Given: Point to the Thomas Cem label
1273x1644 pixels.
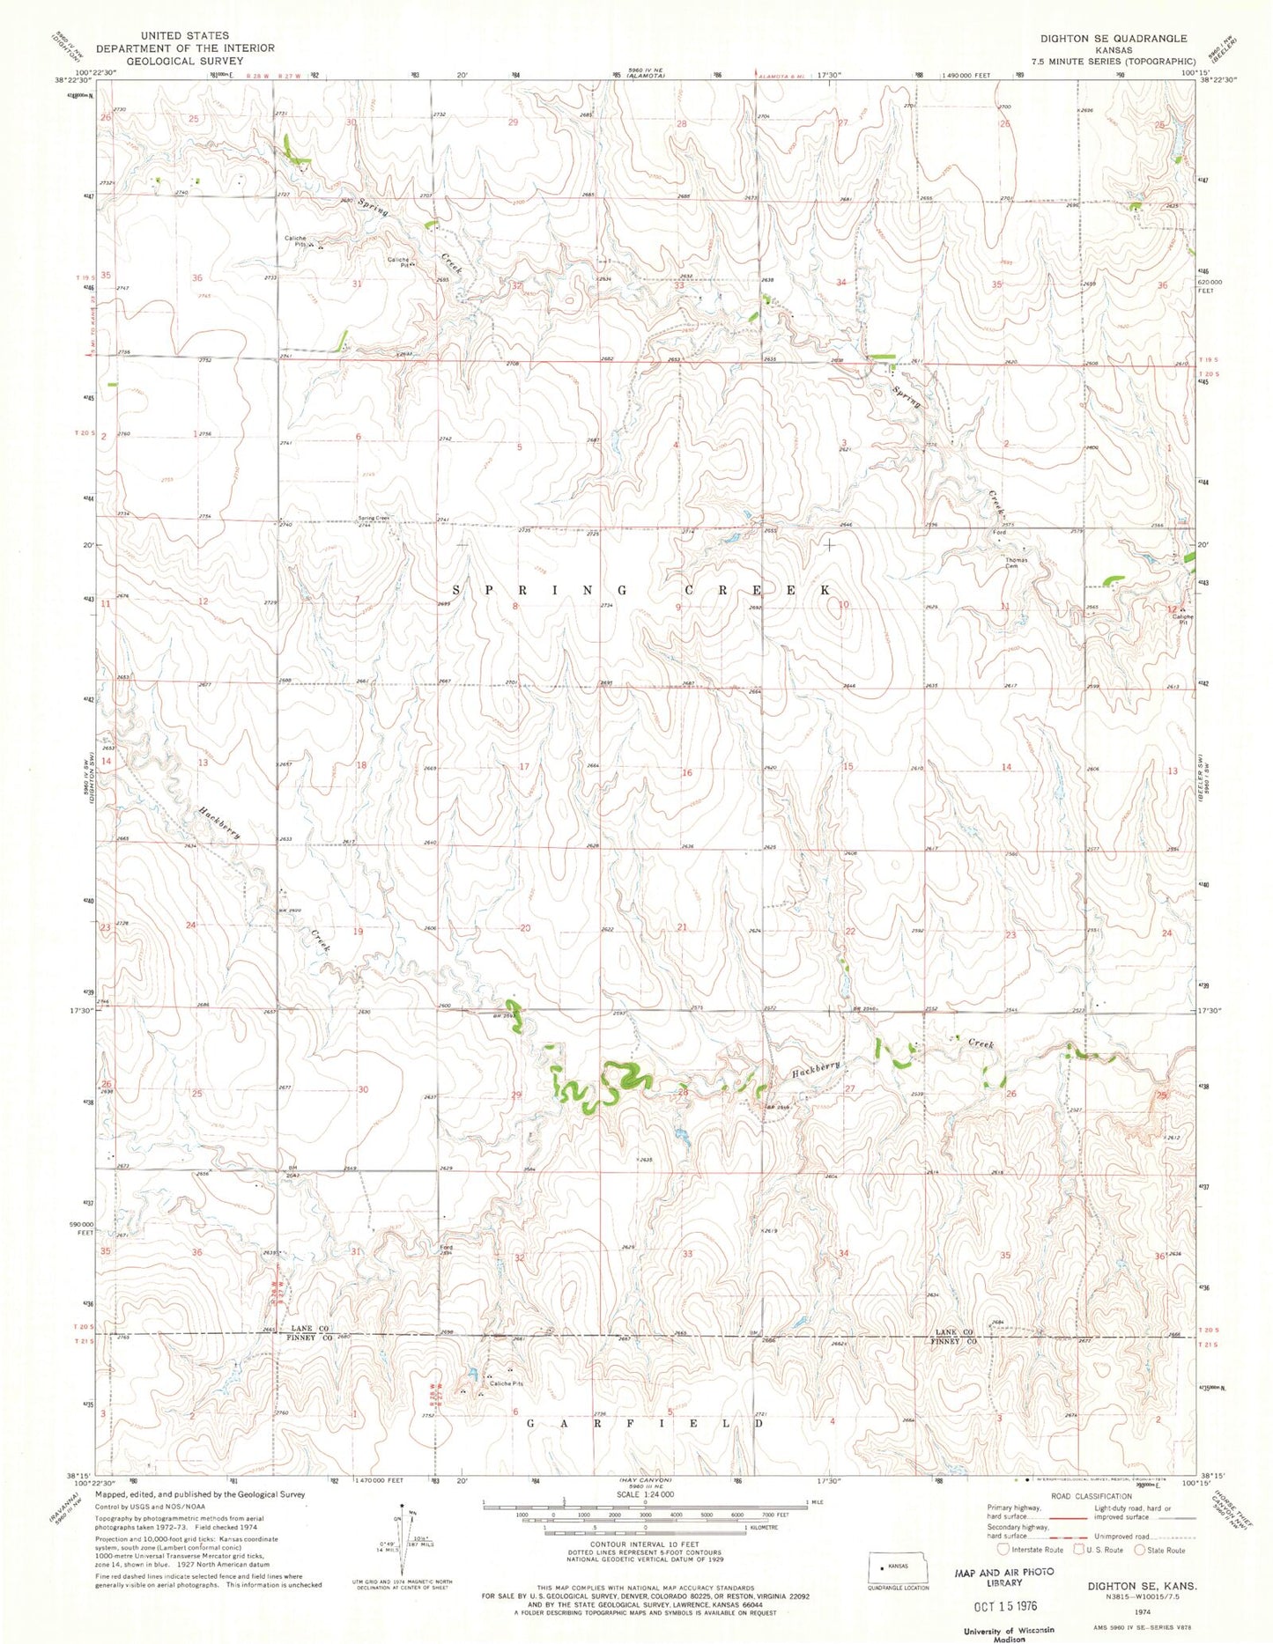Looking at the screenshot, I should (x=1017, y=563).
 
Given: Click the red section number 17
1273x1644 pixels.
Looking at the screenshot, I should (x=524, y=767).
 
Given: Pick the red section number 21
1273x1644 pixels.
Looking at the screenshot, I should (x=682, y=927).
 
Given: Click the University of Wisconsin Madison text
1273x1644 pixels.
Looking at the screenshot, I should (x=1010, y=1633).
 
